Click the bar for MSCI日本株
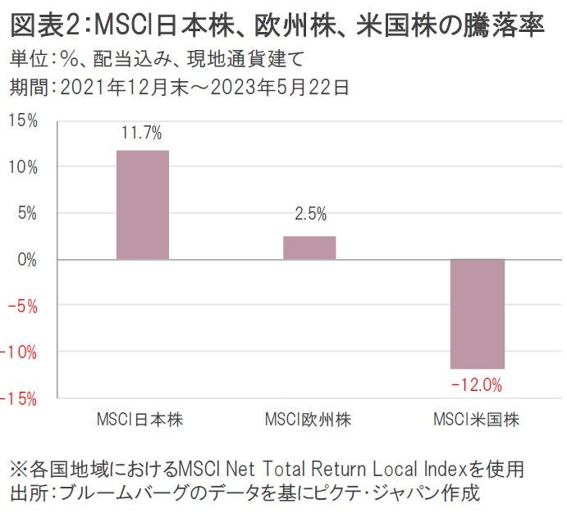(143, 205)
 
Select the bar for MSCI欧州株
(309, 247)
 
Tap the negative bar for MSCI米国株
(477, 314)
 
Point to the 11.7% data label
(143, 133)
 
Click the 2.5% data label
(309, 215)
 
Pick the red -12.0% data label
(476, 384)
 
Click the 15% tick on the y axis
(23, 121)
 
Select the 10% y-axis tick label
(23, 167)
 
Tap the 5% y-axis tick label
(26, 213)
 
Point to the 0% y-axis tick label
(26, 260)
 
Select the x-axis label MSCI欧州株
(309, 420)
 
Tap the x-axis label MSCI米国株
(476, 420)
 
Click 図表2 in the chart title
(41, 25)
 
